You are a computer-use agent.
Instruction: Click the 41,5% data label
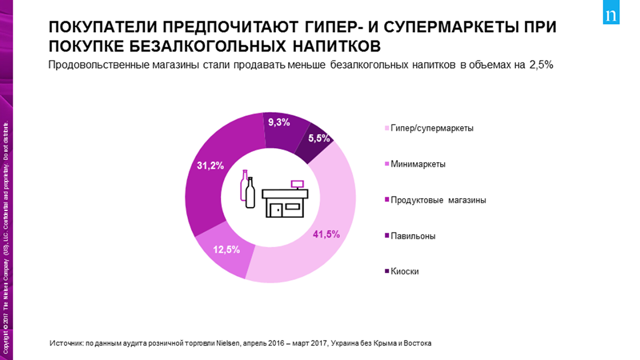click(x=326, y=234)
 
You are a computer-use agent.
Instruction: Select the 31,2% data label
click(x=210, y=166)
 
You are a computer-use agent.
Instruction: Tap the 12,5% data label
click(x=226, y=250)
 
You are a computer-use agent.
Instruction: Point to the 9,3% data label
click(x=278, y=122)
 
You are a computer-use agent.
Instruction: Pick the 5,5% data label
click(x=318, y=138)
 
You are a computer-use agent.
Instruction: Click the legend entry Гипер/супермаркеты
click(x=432, y=128)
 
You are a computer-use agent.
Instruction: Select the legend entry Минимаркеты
click(x=418, y=164)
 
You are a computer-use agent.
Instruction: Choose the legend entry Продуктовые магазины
click(x=438, y=200)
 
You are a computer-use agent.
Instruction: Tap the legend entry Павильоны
click(x=412, y=236)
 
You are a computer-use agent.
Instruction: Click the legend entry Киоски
click(x=405, y=271)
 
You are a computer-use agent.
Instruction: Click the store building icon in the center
click(x=284, y=200)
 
